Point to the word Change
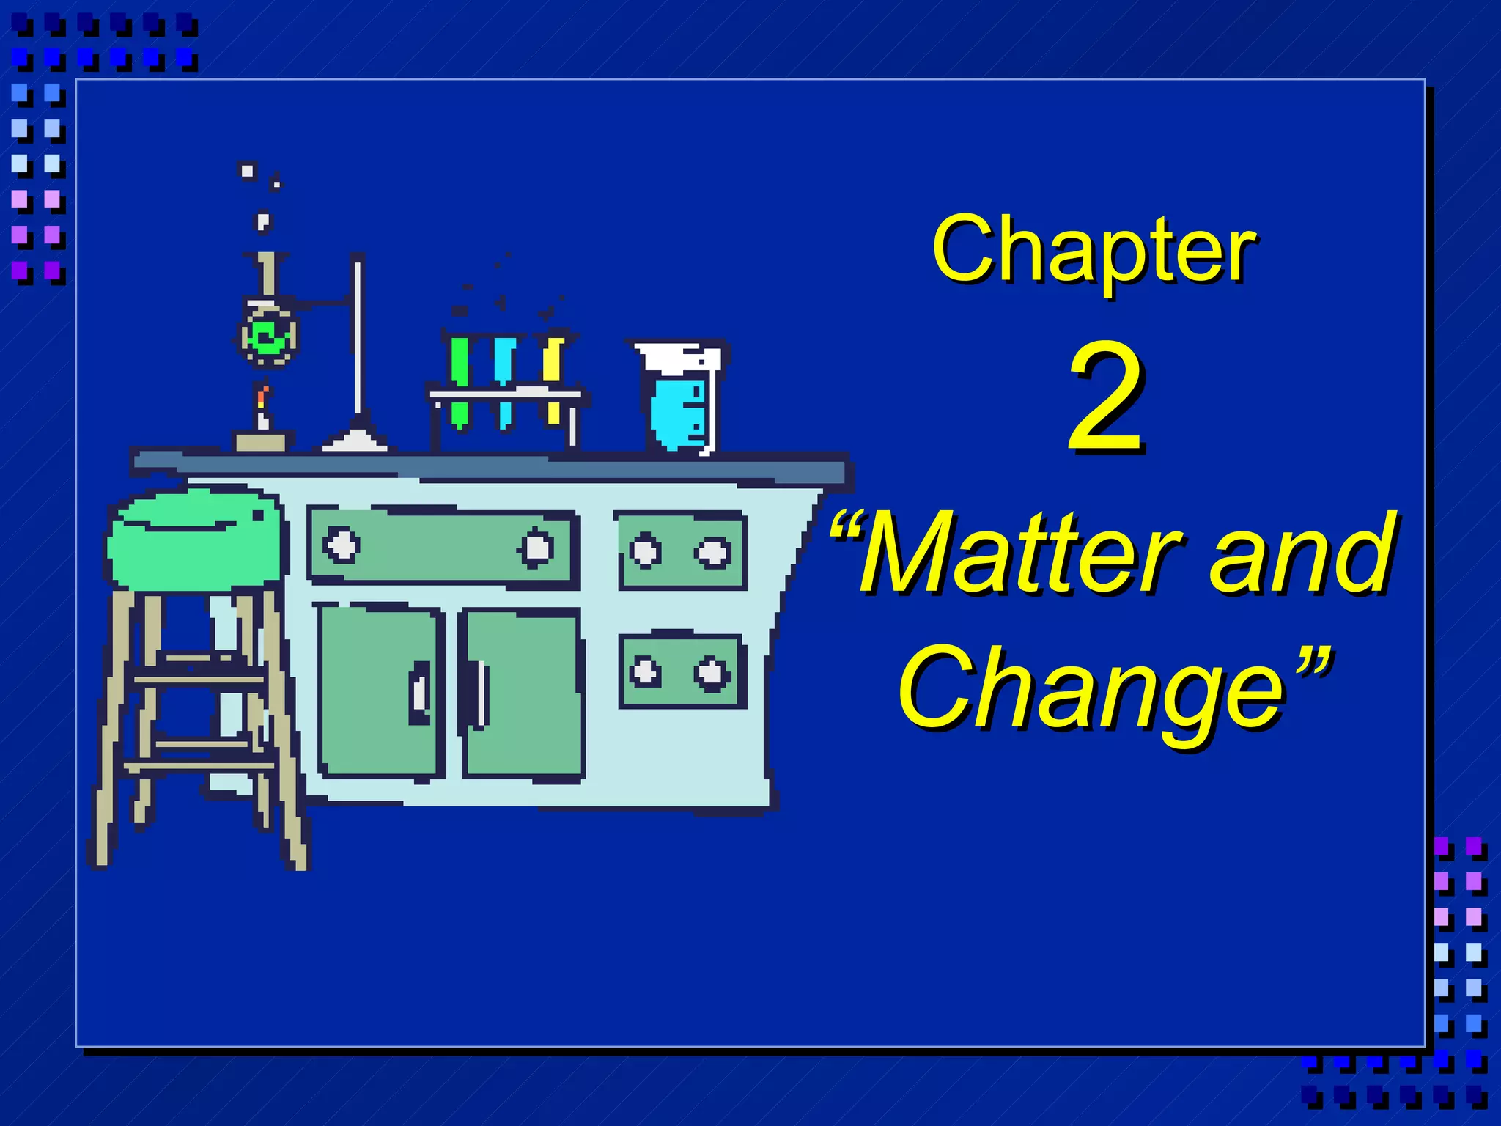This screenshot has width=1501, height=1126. (x=1092, y=689)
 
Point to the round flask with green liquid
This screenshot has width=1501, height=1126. (x=268, y=336)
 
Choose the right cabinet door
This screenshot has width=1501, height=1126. (x=523, y=692)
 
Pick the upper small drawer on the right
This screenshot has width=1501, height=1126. (x=680, y=551)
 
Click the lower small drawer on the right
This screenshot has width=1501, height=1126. (x=680, y=671)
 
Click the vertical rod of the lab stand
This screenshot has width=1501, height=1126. (x=358, y=337)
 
